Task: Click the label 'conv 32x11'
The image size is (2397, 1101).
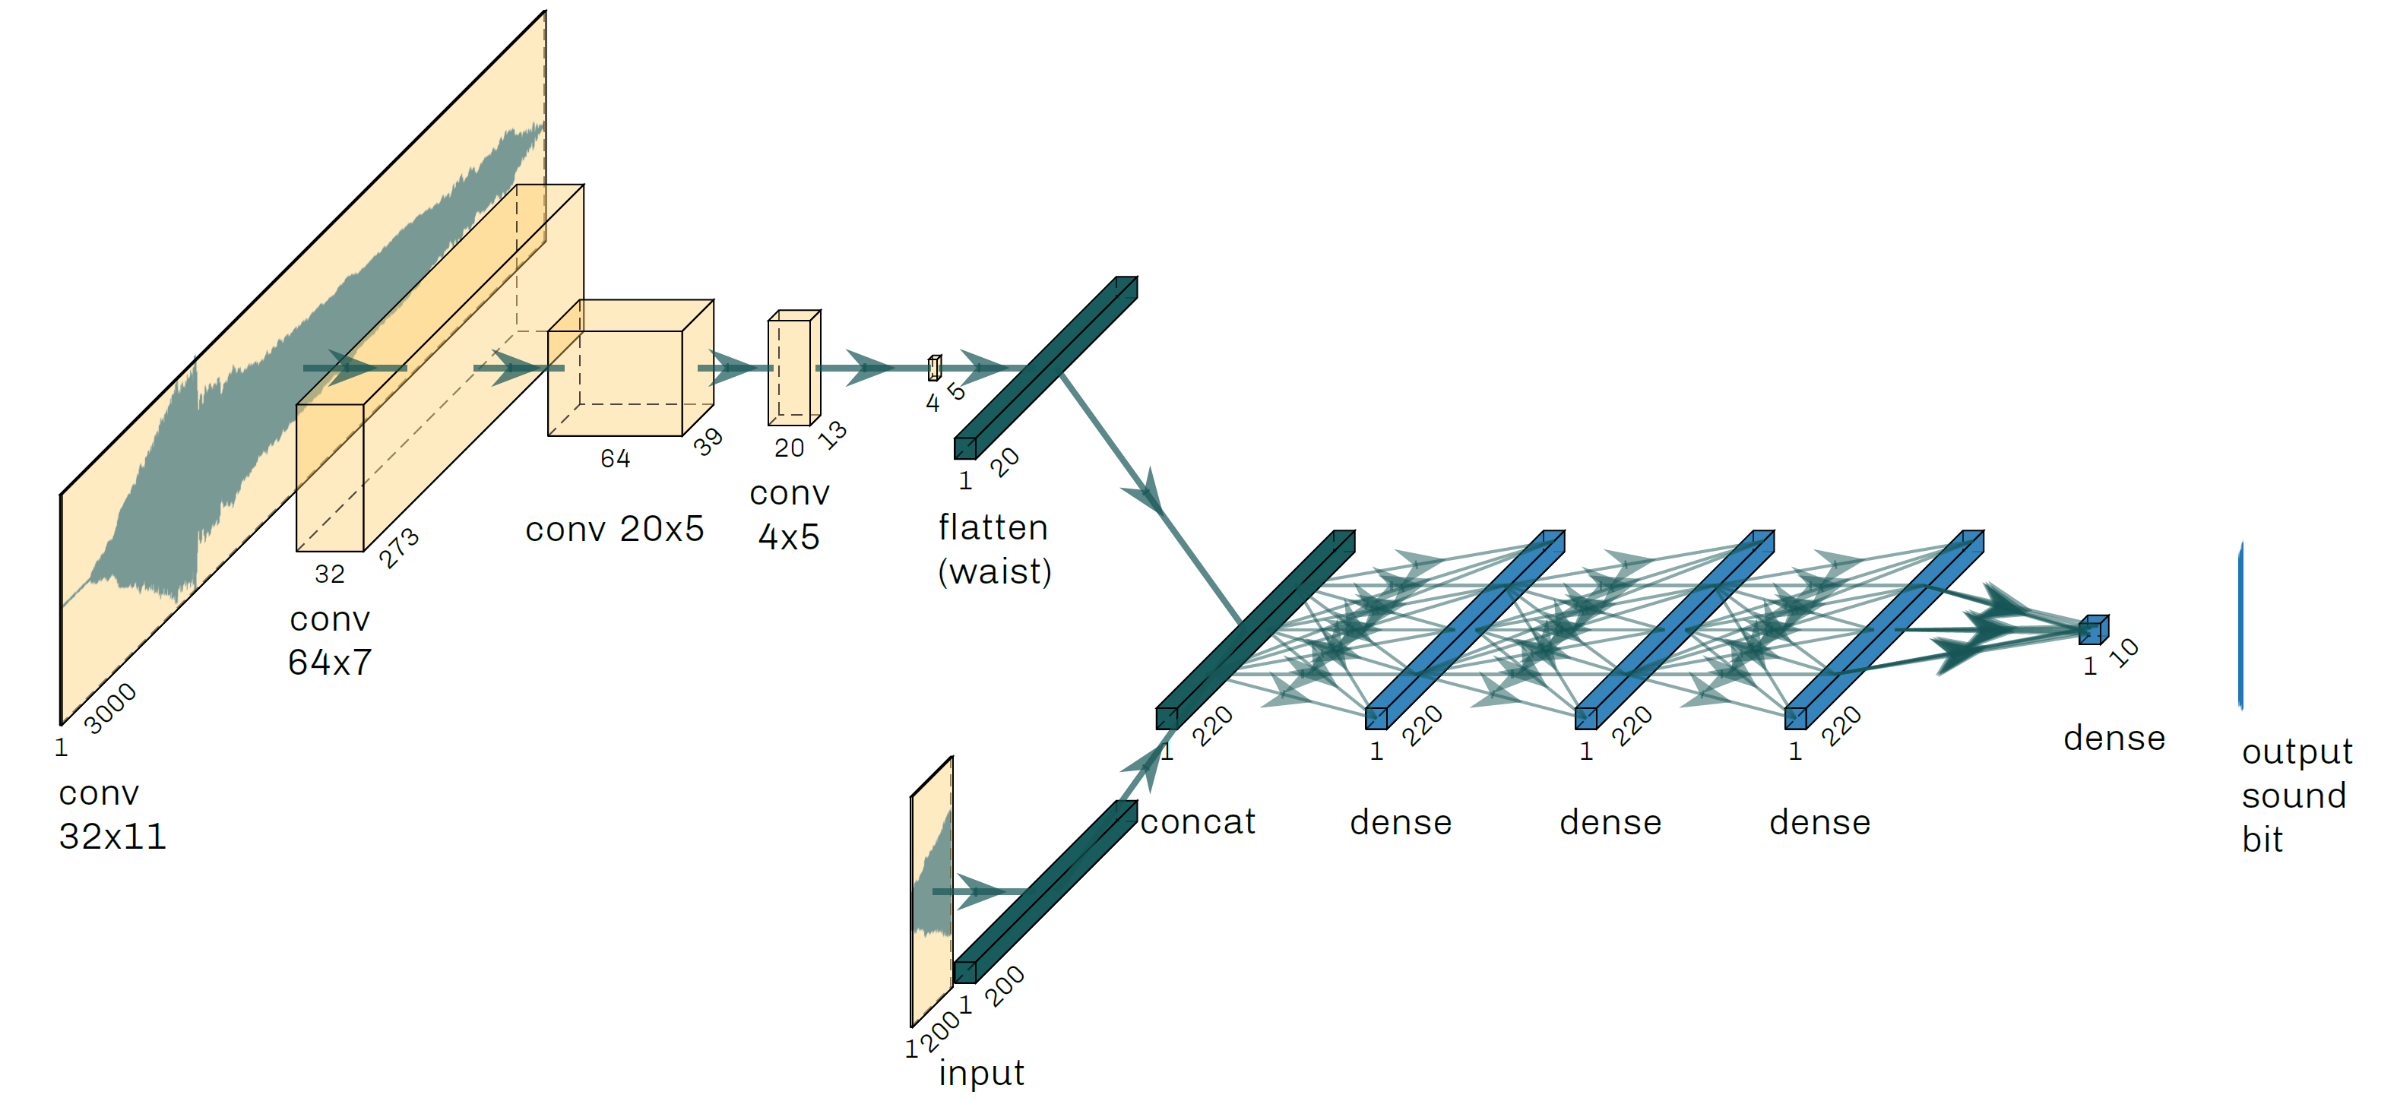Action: pyautogui.click(x=112, y=815)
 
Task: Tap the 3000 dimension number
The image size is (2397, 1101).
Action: pyautogui.click(x=109, y=708)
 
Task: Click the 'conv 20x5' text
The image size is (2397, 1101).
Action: pyautogui.click(x=614, y=529)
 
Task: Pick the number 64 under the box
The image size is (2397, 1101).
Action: pyautogui.click(x=615, y=458)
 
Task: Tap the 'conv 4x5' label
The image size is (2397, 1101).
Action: pyautogui.click(x=789, y=514)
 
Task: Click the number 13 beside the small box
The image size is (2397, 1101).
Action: pyautogui.click(x=832, y=434)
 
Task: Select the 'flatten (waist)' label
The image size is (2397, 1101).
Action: pyautogui.click(x=994, y=549)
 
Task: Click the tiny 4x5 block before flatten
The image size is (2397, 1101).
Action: pyautogui.click(x=934, y=369)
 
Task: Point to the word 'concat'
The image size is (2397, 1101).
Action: pyautogui.click(x=1198, y=822)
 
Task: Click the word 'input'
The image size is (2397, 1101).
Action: pyautogui.click(x=980, y=1072)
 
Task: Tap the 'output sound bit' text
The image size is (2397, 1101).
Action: pyautogui.click(x=2297, y=796)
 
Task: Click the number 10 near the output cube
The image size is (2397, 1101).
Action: pyautogui.click(x=2123, y=653)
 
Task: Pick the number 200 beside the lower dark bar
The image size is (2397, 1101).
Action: pyautogui.click(x=1004, y=986)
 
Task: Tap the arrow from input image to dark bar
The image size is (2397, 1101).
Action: pyautogui.click(x=977, y=891)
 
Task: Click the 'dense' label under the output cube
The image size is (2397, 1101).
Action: pyautogui.click(x=2114, y=738)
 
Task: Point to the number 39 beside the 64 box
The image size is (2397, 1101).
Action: pyautogui.click(x=708, y=441)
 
